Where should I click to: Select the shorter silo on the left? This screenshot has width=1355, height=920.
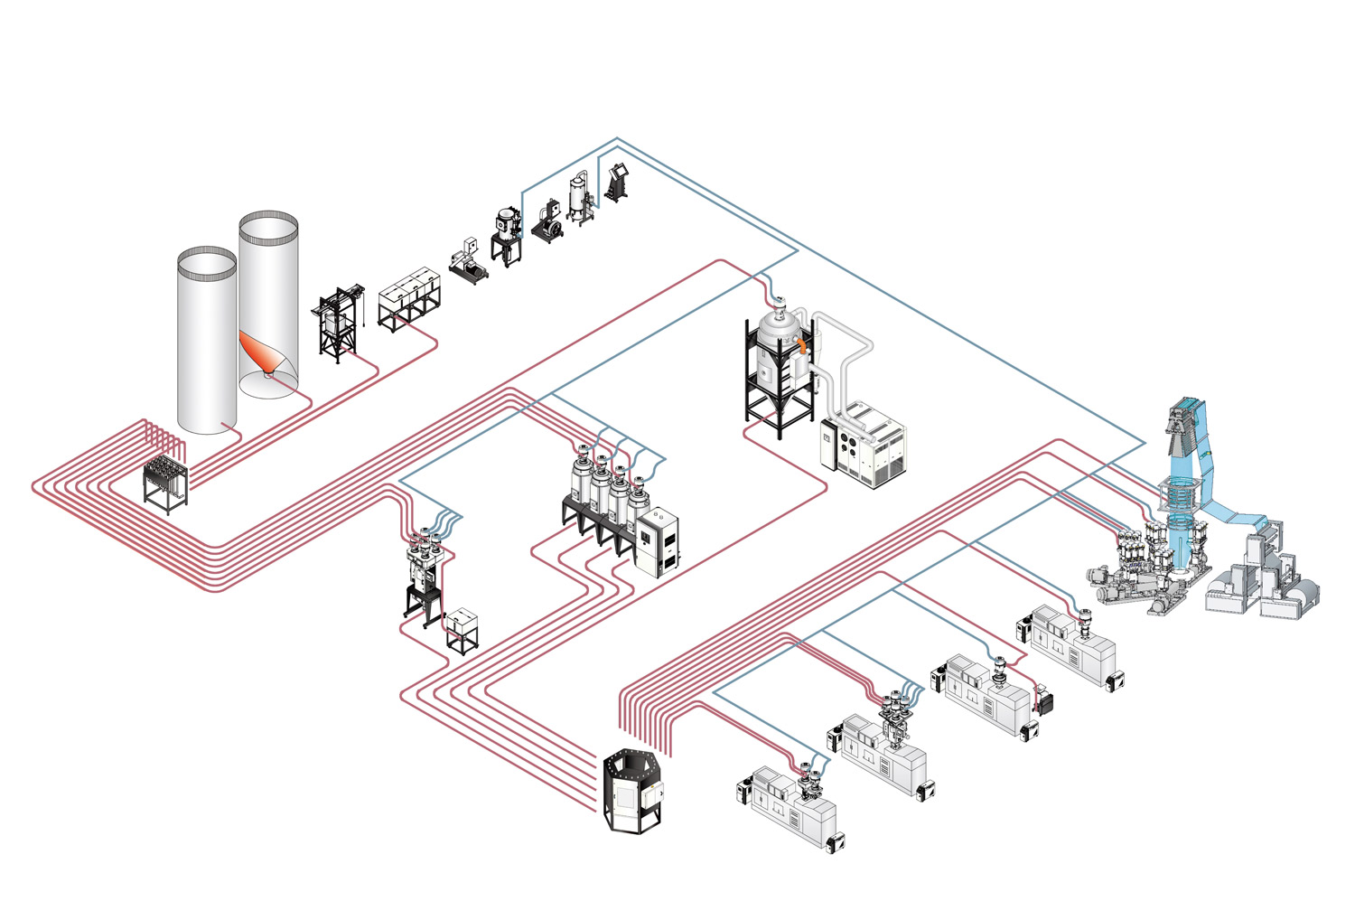[x=207, y=343]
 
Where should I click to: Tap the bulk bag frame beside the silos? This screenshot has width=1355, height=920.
[x=336, y=324]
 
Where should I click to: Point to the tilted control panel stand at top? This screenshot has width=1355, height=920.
[x=619, y=181]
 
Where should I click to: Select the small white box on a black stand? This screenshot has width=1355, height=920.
[x=463, y=628]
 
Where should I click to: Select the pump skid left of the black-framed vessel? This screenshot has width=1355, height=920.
[x=468, y=259]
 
